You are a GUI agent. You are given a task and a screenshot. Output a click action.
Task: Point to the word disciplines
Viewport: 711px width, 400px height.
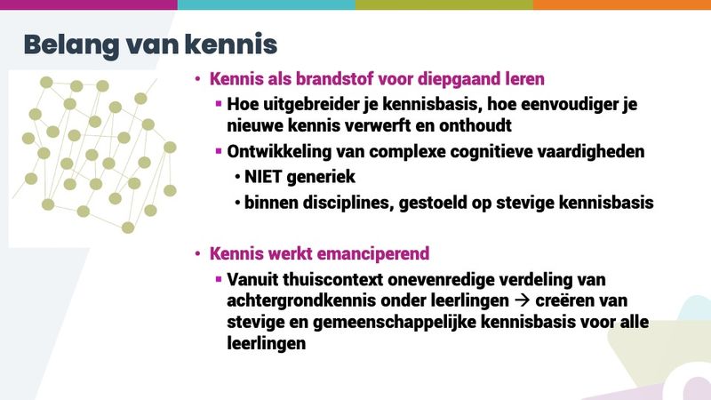[x=348, y=203]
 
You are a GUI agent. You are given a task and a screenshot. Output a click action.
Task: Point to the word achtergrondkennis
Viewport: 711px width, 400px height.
[x=301, y=301]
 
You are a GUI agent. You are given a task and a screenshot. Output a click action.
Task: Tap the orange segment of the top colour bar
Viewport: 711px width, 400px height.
[x=622, y=4]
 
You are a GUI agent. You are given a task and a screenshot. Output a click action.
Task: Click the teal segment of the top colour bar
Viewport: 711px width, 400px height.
[x=267, y=4]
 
